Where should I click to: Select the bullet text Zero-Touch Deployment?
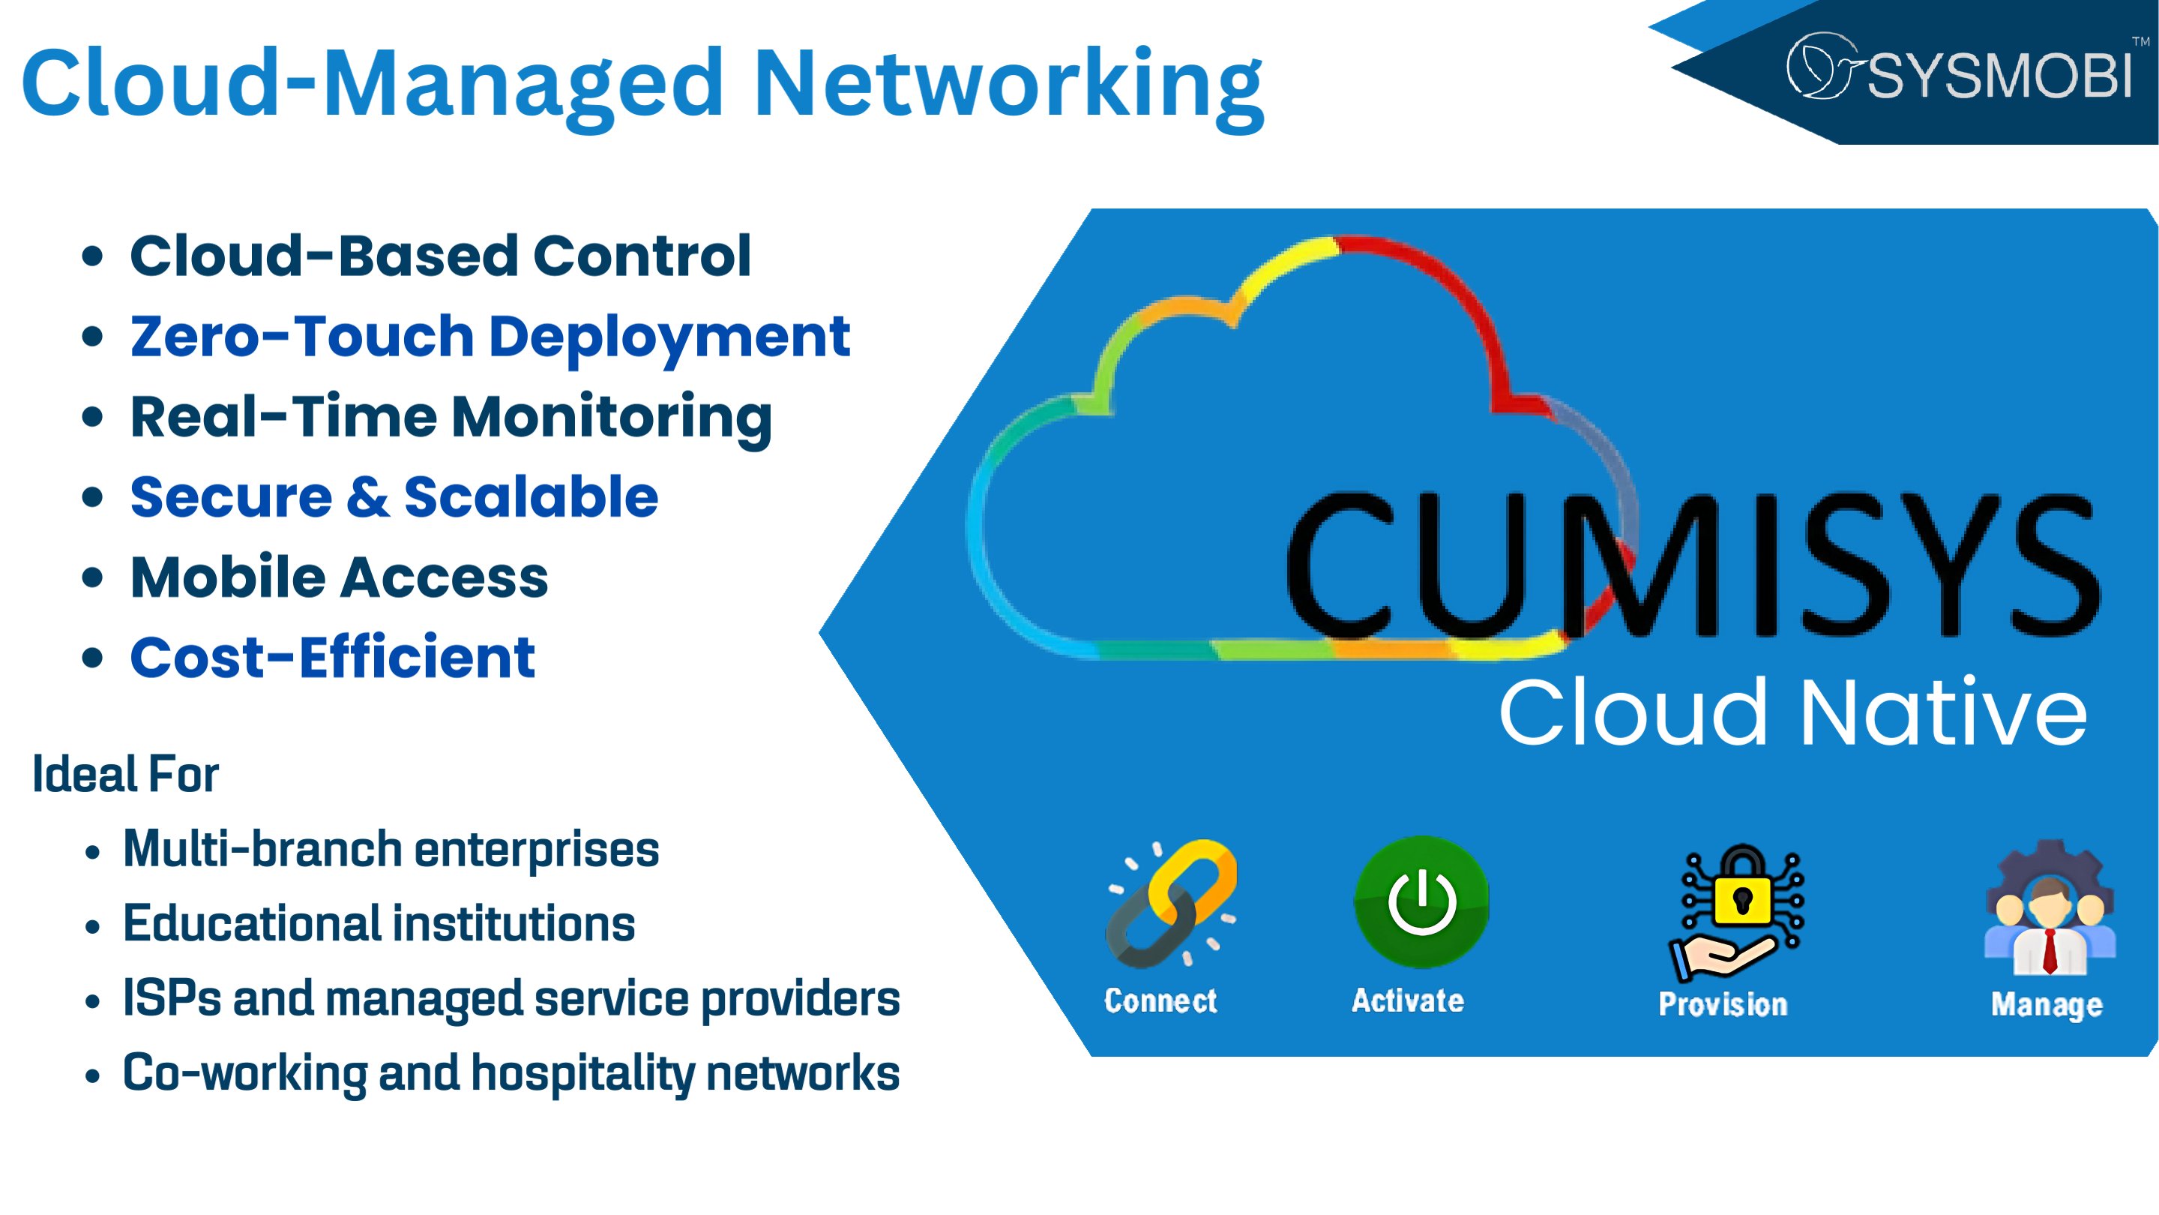point(490,337)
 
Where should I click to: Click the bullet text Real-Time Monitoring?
point(451,417)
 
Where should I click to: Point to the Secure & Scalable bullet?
point(394,497)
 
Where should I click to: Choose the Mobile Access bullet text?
point(340,577)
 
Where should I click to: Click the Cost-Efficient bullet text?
point(333,658)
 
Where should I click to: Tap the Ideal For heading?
point(126,774)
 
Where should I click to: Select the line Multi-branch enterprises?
point(391,850)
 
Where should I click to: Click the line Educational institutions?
point(379,924)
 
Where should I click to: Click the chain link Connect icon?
point(1171,904)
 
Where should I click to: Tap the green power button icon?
point(1421,902)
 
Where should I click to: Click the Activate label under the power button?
point(1408,1001)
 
